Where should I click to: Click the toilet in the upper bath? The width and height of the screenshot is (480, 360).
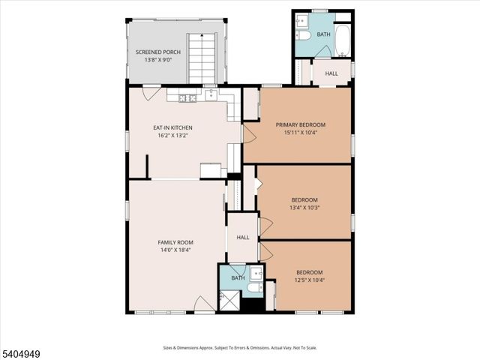304,35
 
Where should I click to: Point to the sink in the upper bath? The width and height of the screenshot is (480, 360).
302,20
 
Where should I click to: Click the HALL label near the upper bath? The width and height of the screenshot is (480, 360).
331,73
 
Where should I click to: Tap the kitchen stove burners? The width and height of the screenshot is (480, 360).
187,97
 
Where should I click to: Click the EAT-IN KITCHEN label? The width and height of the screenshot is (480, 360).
172,127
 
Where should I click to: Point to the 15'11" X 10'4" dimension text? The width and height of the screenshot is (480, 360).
300,133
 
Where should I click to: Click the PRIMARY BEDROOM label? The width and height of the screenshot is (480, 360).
300,124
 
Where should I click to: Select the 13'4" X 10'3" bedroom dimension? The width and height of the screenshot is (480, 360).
305,208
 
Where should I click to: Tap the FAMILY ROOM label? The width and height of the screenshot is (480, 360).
175,242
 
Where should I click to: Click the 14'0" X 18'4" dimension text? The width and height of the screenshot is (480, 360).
175,250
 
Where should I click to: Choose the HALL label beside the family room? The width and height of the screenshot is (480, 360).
243,237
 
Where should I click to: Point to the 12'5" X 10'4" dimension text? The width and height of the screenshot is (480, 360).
309,280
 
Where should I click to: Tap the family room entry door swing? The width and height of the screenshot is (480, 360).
203,304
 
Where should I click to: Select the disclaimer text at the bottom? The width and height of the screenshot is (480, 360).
239,348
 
